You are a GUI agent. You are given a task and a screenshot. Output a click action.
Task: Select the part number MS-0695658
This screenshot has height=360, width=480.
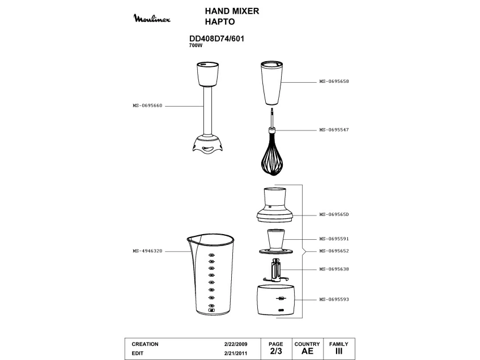click(334, 82)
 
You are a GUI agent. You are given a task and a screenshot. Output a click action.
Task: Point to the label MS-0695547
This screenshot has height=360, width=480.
click(334, 130)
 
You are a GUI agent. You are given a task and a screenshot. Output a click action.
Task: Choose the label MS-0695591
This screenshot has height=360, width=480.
click(334, 239)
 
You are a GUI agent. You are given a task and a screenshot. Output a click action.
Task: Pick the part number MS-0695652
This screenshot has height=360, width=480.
click(334, 251)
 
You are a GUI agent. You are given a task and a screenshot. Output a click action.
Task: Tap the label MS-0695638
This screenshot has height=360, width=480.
click(334, 269)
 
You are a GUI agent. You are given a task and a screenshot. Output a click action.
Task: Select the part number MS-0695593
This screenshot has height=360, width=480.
click(334, 299)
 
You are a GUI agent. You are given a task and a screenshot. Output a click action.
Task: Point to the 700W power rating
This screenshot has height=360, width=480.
click(196, 45)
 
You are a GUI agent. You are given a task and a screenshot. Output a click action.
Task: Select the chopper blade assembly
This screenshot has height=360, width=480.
click(276, 271)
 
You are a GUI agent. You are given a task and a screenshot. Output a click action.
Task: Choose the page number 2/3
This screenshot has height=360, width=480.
click(276, 351)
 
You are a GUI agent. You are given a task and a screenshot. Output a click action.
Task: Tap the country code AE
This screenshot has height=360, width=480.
click(307, 351)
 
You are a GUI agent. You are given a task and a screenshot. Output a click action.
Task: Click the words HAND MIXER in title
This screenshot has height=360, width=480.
click(231, 11)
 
